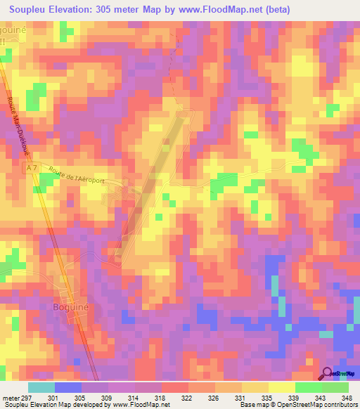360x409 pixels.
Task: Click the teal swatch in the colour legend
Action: point(41,387)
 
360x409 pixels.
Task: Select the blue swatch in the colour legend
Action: point(68,387)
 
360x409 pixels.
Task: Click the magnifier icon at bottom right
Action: point(327,373)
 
